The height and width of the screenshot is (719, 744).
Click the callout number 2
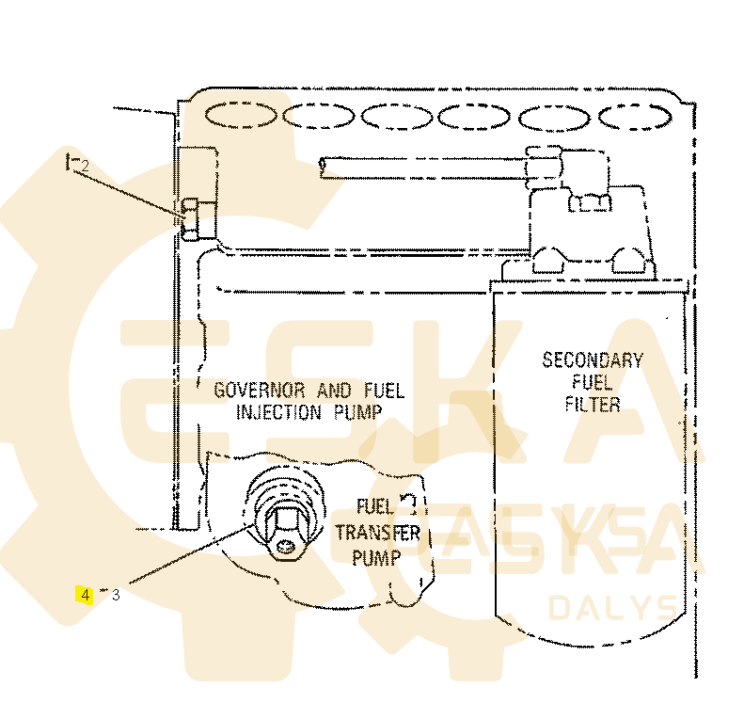point(84,166)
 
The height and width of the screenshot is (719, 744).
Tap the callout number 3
point(116,595)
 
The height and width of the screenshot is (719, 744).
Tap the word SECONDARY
point(593,359)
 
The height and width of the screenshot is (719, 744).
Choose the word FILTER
point(593,405)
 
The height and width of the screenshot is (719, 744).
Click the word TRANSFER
point(377,533)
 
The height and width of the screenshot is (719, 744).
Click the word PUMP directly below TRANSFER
point(376,557)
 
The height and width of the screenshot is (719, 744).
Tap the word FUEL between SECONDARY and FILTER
point(593,382)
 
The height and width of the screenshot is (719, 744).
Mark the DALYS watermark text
point(610,607)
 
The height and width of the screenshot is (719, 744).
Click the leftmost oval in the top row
point(241,115)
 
